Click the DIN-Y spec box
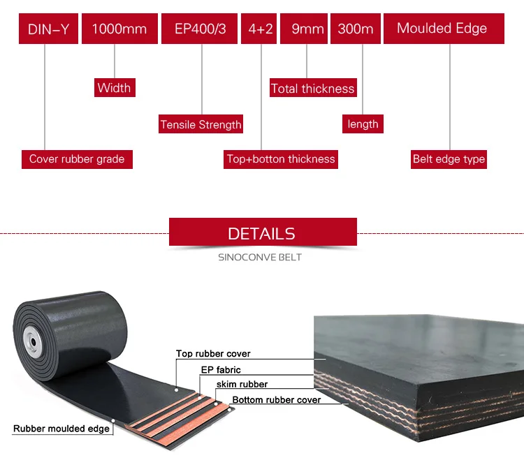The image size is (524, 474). click(x=48, y=29)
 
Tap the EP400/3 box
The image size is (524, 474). click(x=201, y=29)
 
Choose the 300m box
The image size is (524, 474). click(x=355, y=29)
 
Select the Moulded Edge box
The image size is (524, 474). click(x=442, y=29)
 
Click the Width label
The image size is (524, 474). click(x=114, y=88)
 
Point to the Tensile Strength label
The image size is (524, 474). click(x=201, y=125)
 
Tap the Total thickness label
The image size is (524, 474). click(x=312, y=89)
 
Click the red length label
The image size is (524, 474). click(x=363, y=124)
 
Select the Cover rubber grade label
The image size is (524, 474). click(x=77, y=159)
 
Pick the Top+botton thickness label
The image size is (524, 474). click(x=281, y=159)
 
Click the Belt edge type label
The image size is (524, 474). click(x=449, y=159)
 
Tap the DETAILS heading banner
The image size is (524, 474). click(x=263, y=234)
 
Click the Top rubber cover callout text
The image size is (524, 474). click(x=213, y=354)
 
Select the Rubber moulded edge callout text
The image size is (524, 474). click(x=61, y=429)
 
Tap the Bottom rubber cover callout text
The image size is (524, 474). click(x=277, y=400)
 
